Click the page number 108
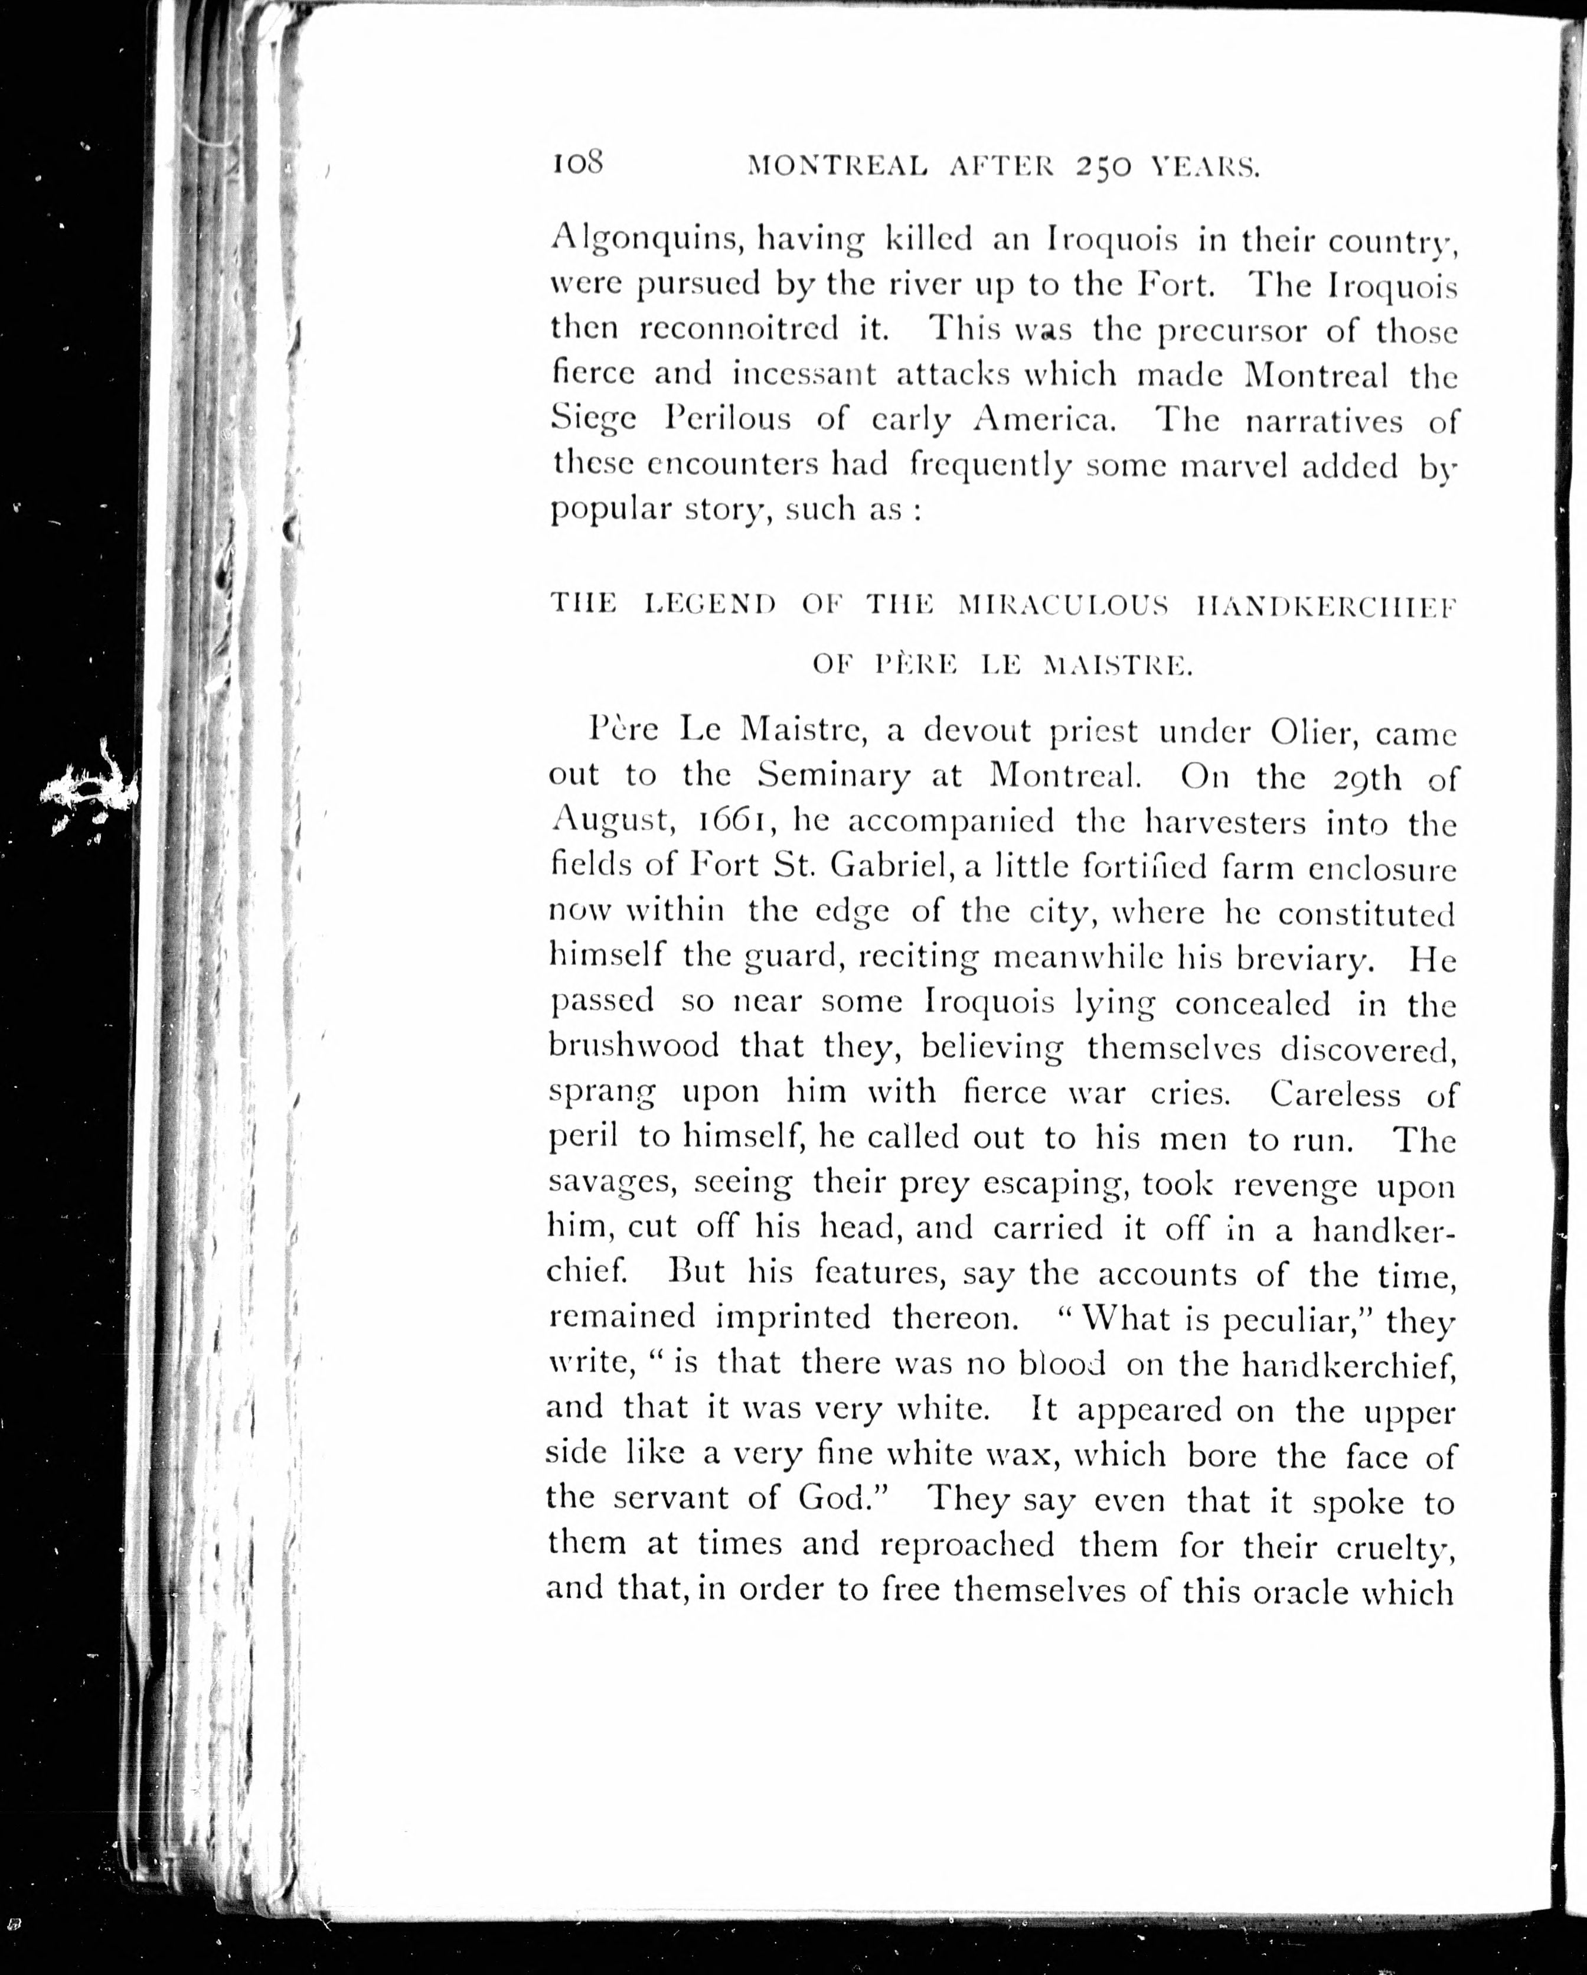576,165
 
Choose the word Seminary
833,777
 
